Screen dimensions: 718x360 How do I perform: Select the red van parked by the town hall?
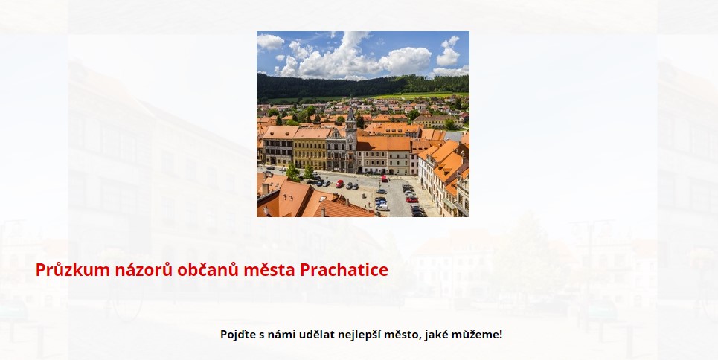point(384,179)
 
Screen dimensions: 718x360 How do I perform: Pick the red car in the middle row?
point(339,184)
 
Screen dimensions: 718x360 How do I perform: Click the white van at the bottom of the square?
point(382,207)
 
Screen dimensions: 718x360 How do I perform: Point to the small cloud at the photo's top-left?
point(270,42)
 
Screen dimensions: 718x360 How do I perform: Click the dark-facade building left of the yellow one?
point(278,147)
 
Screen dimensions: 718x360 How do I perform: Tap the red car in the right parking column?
point(412,199)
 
